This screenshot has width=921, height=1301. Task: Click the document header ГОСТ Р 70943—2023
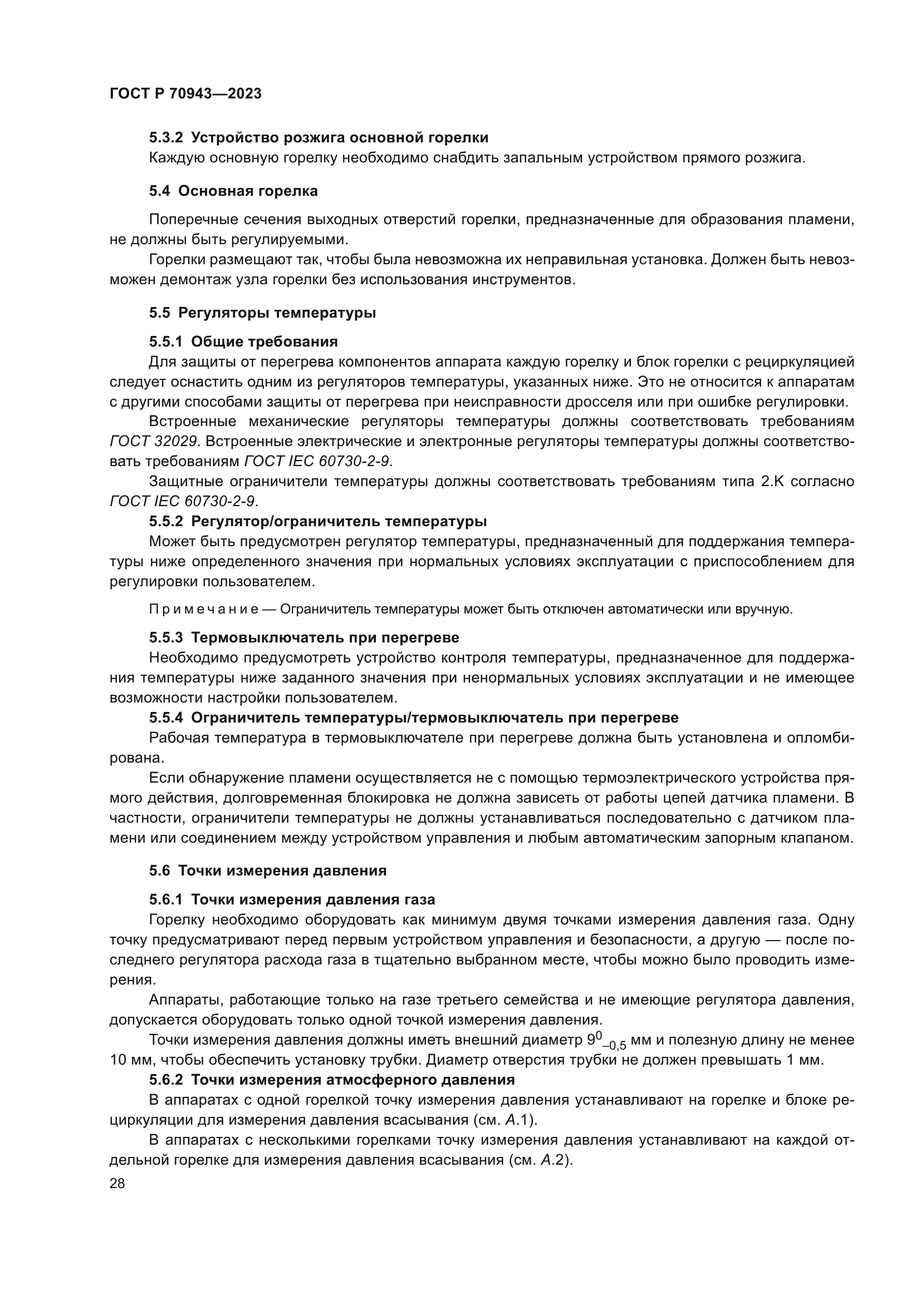pos(185,94)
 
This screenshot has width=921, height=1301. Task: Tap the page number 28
pos(117,1183)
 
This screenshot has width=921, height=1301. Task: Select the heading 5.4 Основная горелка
pos(233,191)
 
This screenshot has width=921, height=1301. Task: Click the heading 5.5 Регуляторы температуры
pos(262,313)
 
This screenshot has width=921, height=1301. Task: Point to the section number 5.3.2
pos(166,138)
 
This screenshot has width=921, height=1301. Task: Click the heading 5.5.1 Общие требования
pos(243,342)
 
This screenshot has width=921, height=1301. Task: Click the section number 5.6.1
pos(166,900)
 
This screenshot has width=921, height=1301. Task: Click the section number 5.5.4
pos(166,718)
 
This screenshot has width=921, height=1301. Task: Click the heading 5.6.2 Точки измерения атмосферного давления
pos(332,1080)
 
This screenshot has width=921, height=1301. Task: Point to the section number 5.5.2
pos(166,521)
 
